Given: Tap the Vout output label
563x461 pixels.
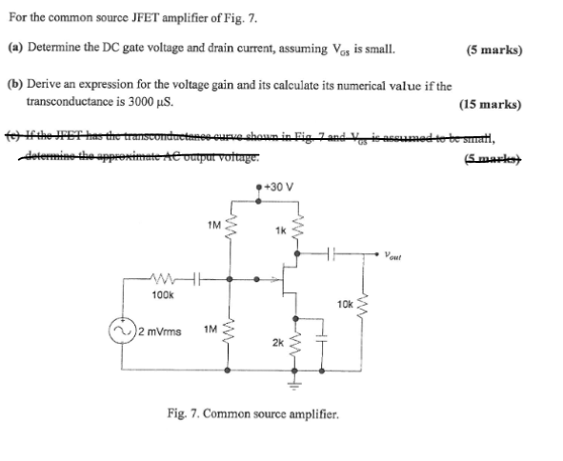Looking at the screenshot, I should [396, 254].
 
